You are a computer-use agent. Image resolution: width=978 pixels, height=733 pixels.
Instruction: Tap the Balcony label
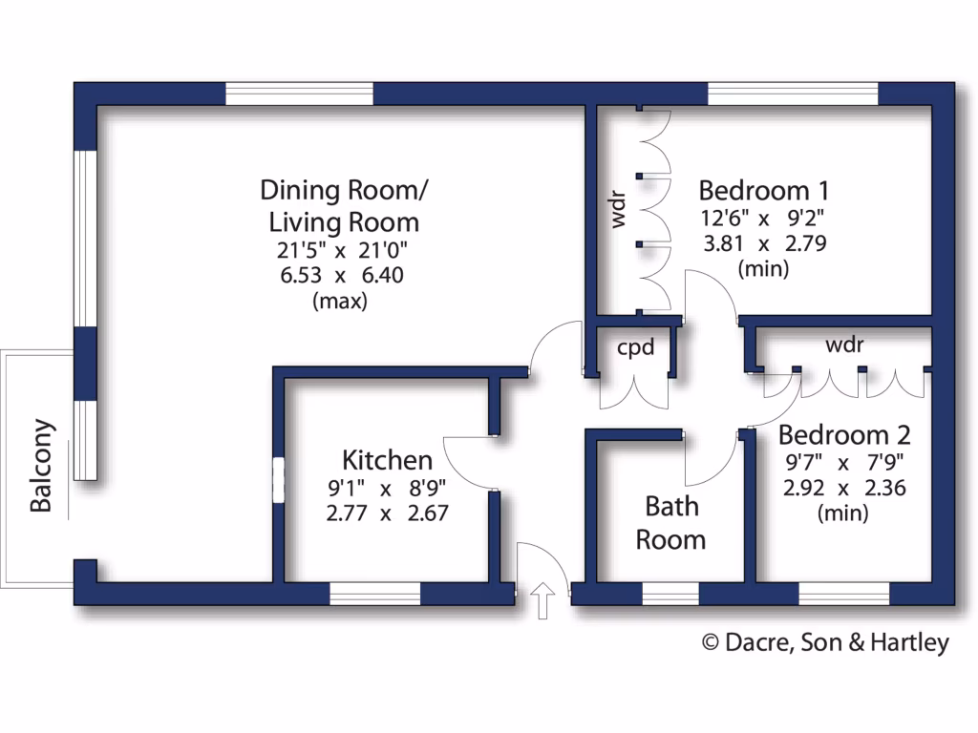pos(41,466)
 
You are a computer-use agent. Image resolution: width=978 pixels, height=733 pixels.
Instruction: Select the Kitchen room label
pos(388,460)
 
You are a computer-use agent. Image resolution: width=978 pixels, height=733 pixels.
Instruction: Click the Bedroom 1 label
pos(763,188)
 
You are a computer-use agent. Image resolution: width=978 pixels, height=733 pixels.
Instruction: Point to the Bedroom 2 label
pos(844,435)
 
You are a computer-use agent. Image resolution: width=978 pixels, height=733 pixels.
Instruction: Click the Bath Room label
pos(670,522)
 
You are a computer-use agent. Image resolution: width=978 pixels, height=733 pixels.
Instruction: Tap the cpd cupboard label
pos(635,347)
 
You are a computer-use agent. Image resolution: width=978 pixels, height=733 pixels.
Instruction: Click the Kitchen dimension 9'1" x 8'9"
pos(388,489)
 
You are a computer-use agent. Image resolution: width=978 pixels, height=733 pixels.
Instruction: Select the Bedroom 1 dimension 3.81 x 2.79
pos(763,242)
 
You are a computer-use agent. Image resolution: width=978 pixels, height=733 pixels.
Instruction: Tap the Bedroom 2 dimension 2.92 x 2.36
pos(844,489)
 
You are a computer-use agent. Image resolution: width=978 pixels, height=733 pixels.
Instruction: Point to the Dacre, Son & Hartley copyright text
pos(826,642)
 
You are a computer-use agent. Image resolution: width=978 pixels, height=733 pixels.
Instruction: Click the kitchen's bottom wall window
pos(374,594)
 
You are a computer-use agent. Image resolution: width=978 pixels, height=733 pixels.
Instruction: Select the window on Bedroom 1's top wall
pos(792,94)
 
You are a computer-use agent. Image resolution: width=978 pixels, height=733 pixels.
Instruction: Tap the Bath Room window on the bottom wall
pos(670,594)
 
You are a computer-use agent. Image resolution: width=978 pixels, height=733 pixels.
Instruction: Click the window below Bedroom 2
pos(843,594)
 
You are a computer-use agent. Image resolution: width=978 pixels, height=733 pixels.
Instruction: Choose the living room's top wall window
pos(299,94)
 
